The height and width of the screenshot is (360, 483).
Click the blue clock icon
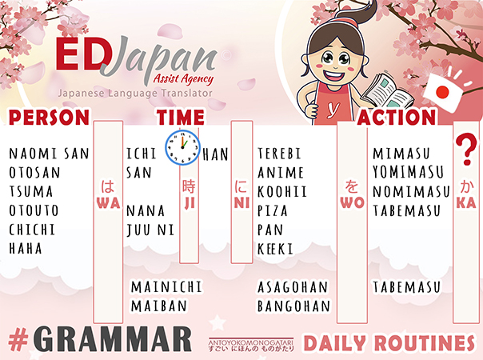pyautogui.click(x=182, y=147)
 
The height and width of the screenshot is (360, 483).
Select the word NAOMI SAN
pyautogui.click(x=49, y=154)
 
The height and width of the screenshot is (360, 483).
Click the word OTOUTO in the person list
pyautogui.click(x=34, y=211)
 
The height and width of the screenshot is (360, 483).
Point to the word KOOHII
pyautogui.click(x=282, y=192)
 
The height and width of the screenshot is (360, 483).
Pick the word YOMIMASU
pyautogui.click(x=408, y=172)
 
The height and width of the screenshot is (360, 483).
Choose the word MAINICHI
pyautogui.click(x=166, y=287)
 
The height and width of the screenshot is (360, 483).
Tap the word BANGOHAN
pyautogui.click(x=293, y=306)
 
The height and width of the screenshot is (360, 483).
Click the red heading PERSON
pyautogui.click(x=49, y=118)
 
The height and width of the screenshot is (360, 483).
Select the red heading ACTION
pyautogui.click(x=397, y=118)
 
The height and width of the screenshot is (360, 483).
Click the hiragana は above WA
pyautogui.click(x=107, y=186)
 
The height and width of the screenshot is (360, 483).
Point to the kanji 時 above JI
pyautogui.click(x=189, y=186)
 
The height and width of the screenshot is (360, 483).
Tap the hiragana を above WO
pyautogui.click(x=352, y=186)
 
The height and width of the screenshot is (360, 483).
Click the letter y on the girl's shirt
pyautogui.click(x=333, y=109)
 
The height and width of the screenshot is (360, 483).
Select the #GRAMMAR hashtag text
pyautogui.click(x=100, y=339)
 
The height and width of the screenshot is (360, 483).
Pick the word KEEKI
pyautogui.click(x=275, y=249)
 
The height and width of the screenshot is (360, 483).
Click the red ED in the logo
pyautogui.click(x=81, y=54)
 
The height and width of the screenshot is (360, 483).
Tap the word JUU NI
pyautogui.click(x=150, y=230)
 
